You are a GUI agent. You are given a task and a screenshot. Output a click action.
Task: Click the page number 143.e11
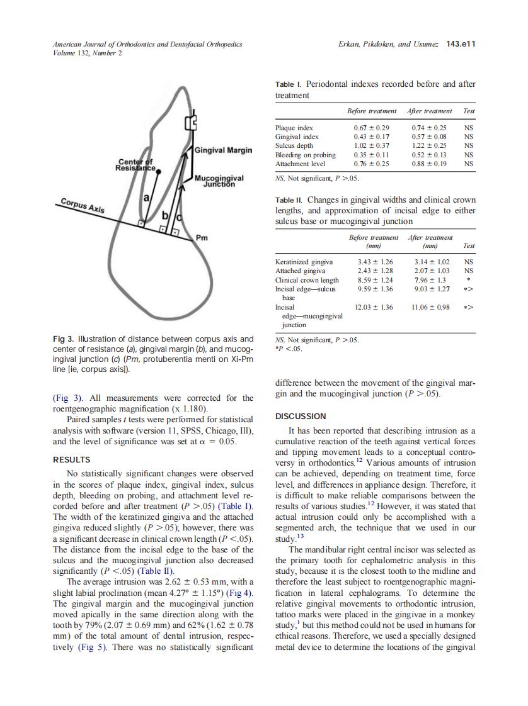460,45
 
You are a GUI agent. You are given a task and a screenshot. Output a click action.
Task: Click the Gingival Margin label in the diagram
224,150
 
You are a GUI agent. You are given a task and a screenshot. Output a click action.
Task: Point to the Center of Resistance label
135,165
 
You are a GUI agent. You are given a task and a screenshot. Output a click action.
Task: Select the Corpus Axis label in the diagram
83,206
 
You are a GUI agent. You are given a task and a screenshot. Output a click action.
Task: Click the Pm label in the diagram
202,238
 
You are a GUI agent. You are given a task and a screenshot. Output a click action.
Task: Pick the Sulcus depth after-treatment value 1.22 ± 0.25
429,145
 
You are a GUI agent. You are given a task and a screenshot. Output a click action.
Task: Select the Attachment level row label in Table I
300,164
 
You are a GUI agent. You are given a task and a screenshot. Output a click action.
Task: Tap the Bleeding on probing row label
305,155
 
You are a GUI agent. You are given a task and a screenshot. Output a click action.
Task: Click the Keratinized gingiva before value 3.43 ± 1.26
375,262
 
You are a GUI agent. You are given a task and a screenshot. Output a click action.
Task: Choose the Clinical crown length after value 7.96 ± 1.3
430,280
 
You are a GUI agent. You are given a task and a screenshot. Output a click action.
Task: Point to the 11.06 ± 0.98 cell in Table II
431,307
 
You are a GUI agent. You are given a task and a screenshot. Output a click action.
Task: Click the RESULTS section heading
71,459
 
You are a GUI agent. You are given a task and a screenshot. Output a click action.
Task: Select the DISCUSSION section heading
301,416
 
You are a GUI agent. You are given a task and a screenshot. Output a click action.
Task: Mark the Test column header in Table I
468,111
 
